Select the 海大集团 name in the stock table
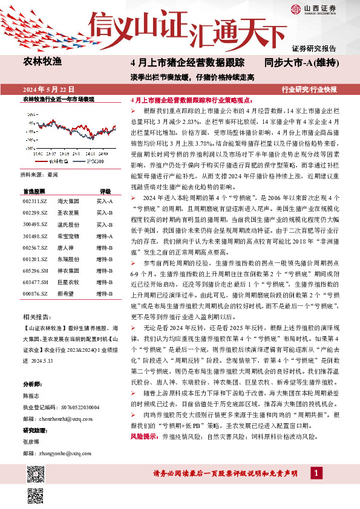[67, 201]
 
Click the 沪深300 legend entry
[93, 162]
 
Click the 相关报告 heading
[36, 317]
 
